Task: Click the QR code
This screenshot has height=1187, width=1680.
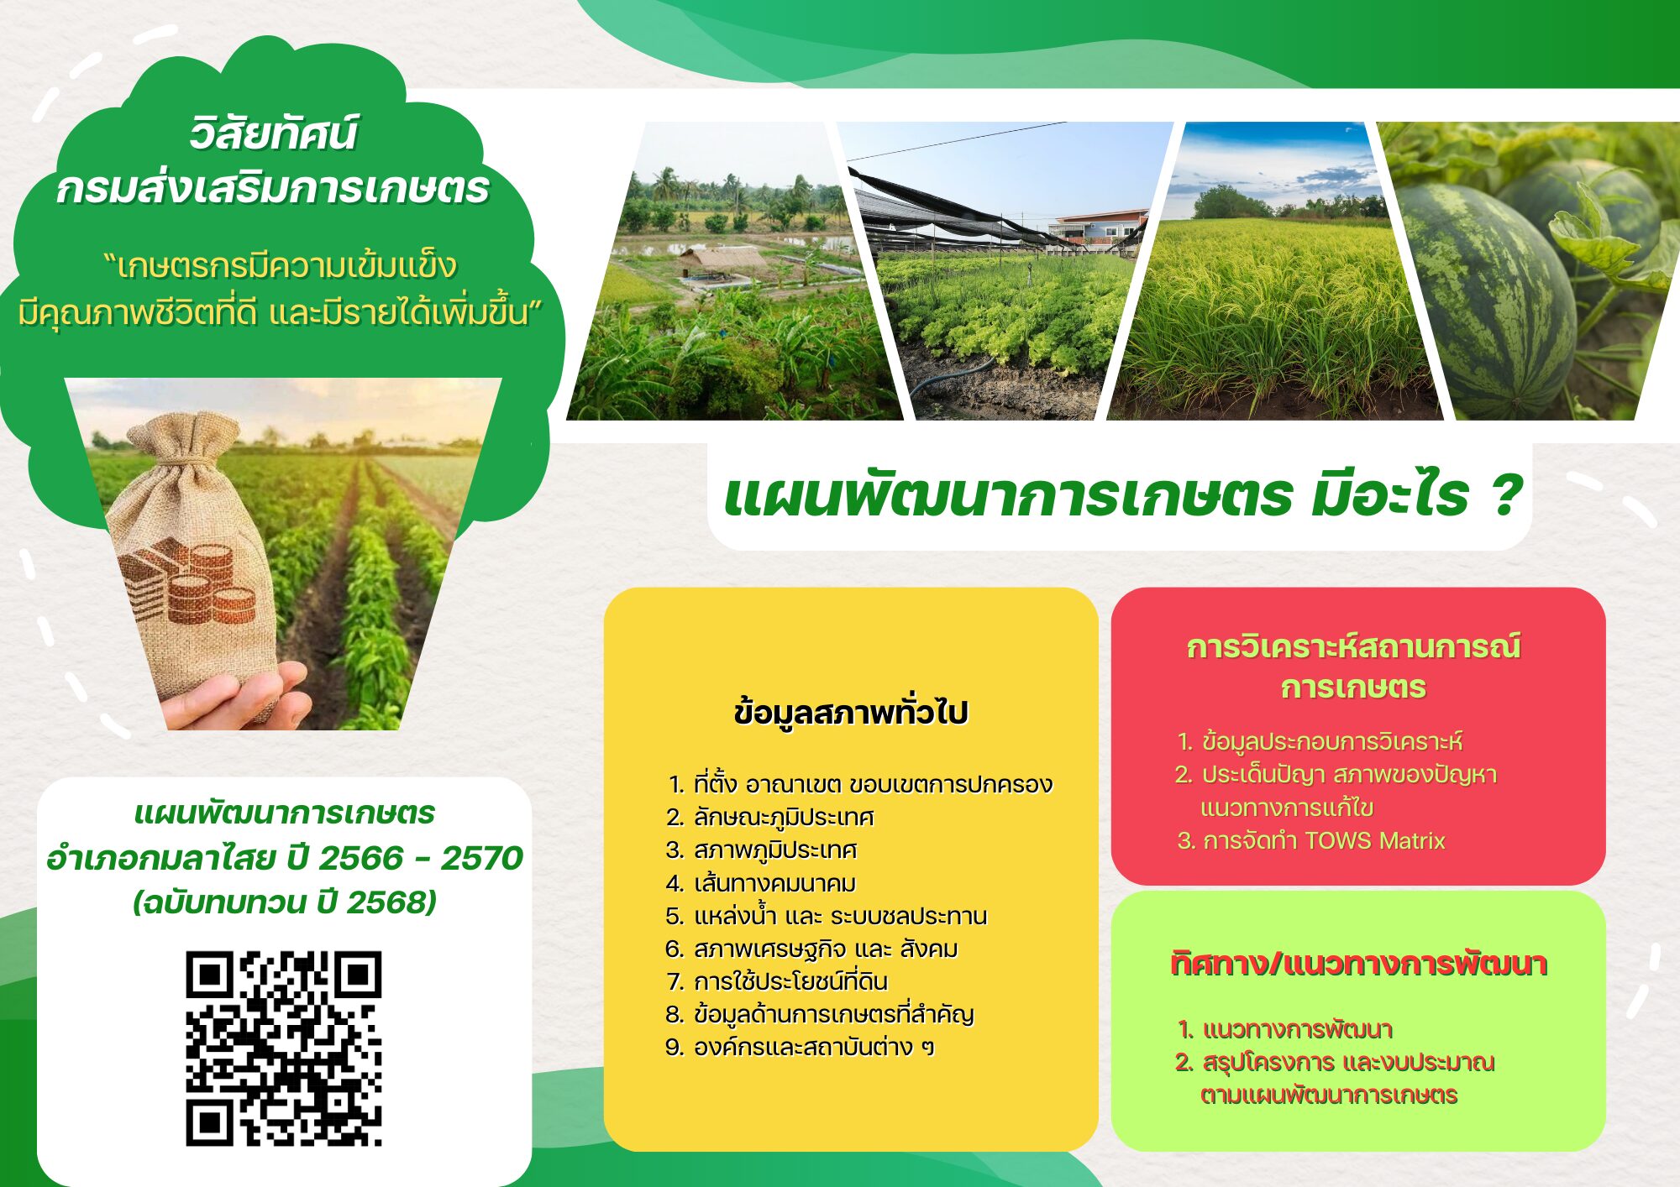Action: tap(284, 1048)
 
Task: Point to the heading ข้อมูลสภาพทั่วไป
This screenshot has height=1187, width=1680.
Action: tap(851, 712)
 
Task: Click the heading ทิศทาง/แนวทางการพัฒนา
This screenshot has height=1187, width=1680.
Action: tap(1358, 964)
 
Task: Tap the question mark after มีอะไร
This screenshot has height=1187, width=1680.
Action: tap(1507, 494)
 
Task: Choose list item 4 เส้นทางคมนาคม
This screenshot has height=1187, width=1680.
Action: tap(761, 883)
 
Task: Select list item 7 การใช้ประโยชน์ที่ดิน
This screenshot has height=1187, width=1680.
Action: tap(777, 981)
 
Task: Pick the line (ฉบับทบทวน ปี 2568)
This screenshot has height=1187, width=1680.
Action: tap(285, 902)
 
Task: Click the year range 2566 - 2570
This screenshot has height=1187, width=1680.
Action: tap(421, 858)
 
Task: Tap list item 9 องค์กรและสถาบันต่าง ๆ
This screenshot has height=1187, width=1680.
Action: tap(800, 1048)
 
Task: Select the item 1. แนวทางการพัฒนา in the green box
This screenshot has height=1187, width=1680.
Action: tap(1285, 1029)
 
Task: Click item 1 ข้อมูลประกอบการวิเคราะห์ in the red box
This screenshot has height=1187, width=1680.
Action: tap(1320, 741)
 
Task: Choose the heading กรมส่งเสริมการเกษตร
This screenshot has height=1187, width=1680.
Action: tap(272, 188)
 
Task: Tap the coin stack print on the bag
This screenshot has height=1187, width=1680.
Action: tap(188, 581)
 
